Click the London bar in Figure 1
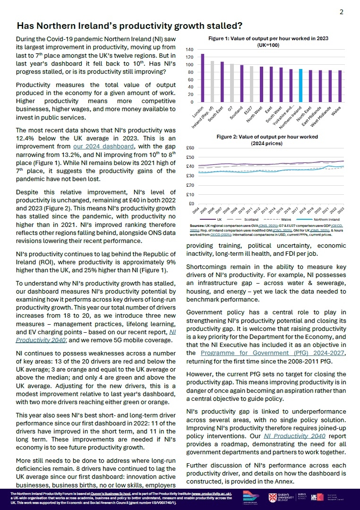(203, 78)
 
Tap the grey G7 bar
(231, 83)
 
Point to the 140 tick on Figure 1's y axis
(190, 49)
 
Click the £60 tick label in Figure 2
(190, 148)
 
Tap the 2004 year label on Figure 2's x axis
(201, 211)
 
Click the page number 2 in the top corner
(342, 12)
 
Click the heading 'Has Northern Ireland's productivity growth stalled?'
(129, 26)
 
